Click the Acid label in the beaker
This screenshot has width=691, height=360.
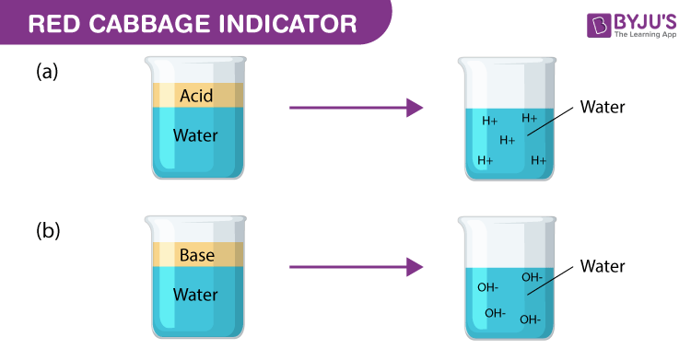[x=196, y=96]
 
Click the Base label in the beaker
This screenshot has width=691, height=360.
[x=196, y=255]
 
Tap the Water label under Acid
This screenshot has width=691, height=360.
[x=196, y=135]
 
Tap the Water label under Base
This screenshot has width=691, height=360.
[x=196, y=295]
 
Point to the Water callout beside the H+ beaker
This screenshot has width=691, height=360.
[x=603, y=107]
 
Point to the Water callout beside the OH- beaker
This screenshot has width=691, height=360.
[x=603, y=266]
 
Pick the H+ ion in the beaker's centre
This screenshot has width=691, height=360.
[x=507, y=140]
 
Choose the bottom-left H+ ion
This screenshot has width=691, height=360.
[x=486, y=160]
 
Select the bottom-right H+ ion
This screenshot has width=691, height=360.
[x=539, y=160]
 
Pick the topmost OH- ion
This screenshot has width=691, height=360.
[x=532, y=276]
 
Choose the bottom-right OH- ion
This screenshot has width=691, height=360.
[x=530, y=319]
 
